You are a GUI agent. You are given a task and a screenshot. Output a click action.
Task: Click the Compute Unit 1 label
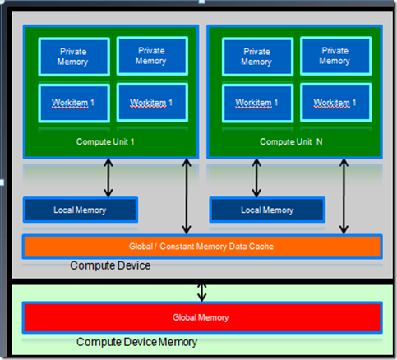click(x=105, y=142)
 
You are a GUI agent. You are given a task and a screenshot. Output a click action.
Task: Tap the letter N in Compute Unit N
click(x=320, y=141)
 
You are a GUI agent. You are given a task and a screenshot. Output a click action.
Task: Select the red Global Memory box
click(x=202, y=317)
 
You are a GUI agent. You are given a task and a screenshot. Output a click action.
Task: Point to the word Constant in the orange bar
click(x=177, y=247)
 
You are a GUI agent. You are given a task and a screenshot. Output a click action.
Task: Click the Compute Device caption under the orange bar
click(x=110, y=265)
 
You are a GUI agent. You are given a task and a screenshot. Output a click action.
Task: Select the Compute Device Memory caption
click(x=136, y=342)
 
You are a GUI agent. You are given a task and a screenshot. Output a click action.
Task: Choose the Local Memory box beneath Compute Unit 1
click(x=81, y=210)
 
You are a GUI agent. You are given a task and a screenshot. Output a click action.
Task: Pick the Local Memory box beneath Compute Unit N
click(x=267, y=210)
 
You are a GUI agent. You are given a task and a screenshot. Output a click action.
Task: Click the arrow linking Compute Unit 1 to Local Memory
click(x=108, y=178)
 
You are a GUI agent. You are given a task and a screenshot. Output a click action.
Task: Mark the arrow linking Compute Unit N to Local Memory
click(x=256, y=178)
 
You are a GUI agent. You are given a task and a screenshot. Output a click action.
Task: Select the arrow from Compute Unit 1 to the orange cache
click(x=187, y=196)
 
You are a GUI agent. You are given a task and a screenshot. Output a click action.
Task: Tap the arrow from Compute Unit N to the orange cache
click(x=344, y=196)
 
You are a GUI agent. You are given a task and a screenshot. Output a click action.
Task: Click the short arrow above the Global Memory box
click(x=202, y=293)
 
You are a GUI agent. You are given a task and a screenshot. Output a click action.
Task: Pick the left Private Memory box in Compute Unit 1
click(x=74, y=57)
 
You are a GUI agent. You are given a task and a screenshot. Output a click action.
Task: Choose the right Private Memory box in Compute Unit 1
click(x=152, y=56)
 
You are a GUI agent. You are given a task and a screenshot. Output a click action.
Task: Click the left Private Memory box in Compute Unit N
click(x=258, y=57)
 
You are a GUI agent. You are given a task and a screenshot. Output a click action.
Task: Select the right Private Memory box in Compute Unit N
click(x=336, y=56)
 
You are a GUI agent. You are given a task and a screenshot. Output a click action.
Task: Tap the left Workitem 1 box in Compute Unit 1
click(x=74, y=103)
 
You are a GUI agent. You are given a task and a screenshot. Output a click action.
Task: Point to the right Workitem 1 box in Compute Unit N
click(x=336, y=103)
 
